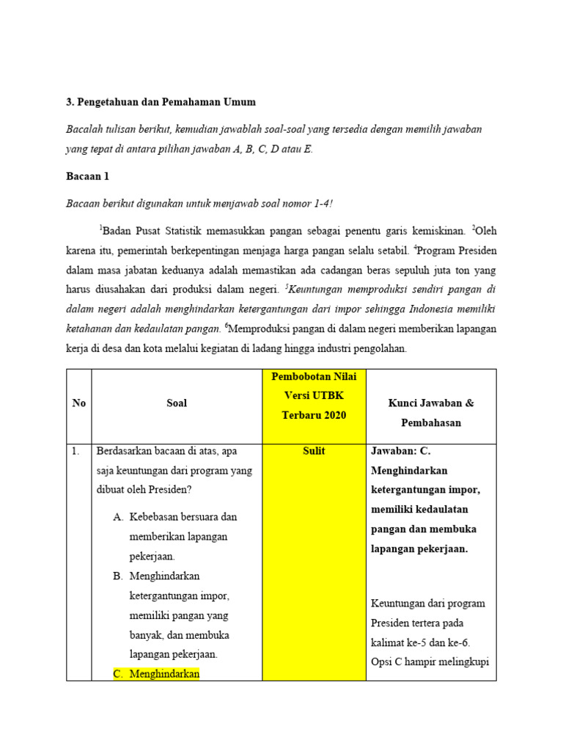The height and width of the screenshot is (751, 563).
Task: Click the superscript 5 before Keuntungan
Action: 287,285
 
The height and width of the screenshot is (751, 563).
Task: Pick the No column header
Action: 78,403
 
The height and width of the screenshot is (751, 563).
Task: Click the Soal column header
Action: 177,403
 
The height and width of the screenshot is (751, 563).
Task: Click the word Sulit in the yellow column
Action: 313,451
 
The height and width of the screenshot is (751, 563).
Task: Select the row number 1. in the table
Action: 76,451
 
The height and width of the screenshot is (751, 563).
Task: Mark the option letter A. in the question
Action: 119,516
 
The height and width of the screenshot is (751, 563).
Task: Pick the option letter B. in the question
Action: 119,576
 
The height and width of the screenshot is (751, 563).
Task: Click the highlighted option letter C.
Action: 119,673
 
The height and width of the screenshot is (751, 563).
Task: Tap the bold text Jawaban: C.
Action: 405,451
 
